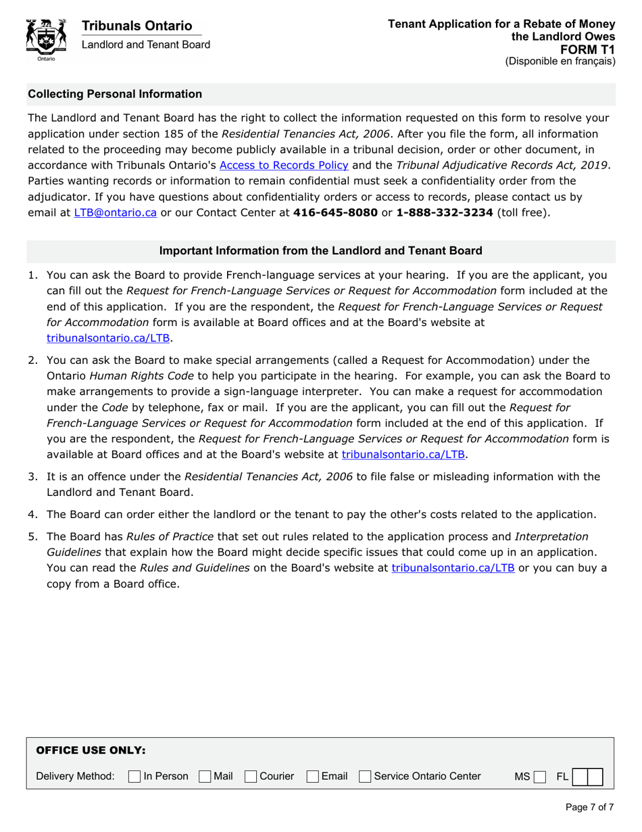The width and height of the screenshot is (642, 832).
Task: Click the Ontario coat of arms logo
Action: point(45,39)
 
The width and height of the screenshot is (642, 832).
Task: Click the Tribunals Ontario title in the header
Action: point(137,26)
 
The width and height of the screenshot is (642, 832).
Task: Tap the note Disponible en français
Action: point(560,61)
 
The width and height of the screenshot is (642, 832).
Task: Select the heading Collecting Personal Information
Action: point(115,94)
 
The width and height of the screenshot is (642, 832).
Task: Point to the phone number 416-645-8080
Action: point(335,212)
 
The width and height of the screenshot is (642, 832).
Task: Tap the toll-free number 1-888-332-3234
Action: point(444,212)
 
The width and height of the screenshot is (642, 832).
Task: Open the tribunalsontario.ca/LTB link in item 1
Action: point(108,338)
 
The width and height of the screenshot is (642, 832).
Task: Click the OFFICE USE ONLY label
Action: point(90,750)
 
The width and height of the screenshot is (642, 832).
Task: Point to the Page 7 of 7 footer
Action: point(589,807)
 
